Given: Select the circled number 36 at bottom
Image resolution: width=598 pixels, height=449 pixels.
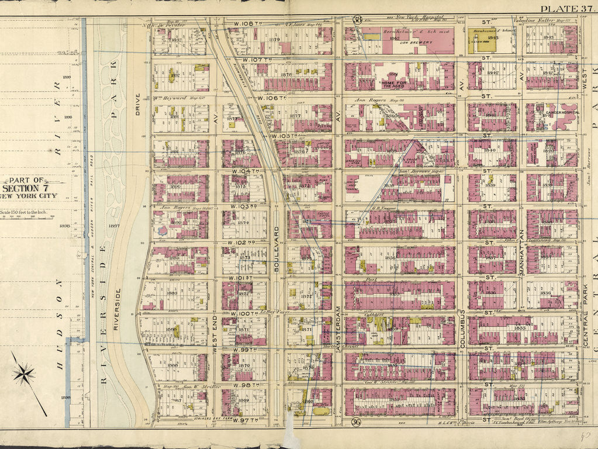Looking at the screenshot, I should click(x=355, y=422).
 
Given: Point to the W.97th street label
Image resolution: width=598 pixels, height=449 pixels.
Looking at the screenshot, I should click(x=246, y=420).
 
